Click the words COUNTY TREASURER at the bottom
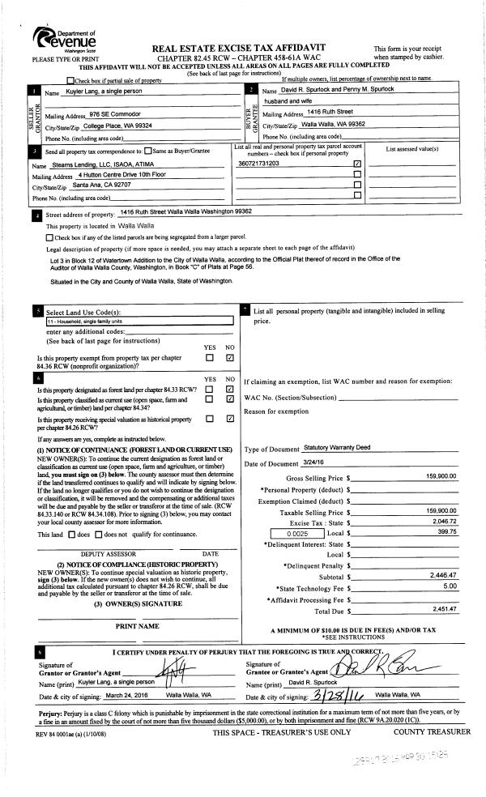point(431,732)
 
